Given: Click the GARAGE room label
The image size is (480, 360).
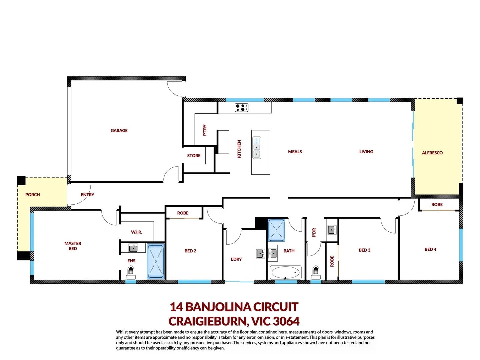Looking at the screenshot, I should pyautogui.click(x=119, y=130).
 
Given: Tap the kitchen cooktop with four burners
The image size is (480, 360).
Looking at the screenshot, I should pyautogui.click(x=242, y=107).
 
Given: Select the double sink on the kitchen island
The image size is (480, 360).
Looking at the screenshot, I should pyautogui.click(x=257, y=147).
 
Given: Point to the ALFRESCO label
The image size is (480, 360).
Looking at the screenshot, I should pyautogui.click(x=432, y=153).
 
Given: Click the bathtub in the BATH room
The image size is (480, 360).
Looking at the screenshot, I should pyautogui.click(x=286, y=272).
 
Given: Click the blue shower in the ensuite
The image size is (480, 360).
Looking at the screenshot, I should pyautogui.click(x=156, y=262).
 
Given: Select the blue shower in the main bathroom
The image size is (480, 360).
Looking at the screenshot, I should pyautogui.click(x=277, y=230).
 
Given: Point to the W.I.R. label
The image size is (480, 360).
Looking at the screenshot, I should pyautogui.click(x=136, y=232).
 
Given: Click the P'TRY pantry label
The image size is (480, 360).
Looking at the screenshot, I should pyautogui.click(x=205, y=130).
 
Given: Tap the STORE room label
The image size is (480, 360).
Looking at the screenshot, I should pyautogui.click(x=194, y=156).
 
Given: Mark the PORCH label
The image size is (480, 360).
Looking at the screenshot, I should pyautogui.click(x=33, y=195).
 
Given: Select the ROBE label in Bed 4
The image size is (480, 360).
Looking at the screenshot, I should pyautogui.click(x=437, y=204).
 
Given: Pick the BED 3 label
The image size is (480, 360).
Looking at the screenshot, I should pyautogui.click(x=364, y=250).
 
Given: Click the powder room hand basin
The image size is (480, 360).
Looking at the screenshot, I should pyautogui.click(x=331, y=230).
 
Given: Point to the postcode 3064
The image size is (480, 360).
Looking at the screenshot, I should pyautogui.click(x=286, y=321).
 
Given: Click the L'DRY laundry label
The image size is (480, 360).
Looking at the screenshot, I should pyautogui.click(x=236, y=259).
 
